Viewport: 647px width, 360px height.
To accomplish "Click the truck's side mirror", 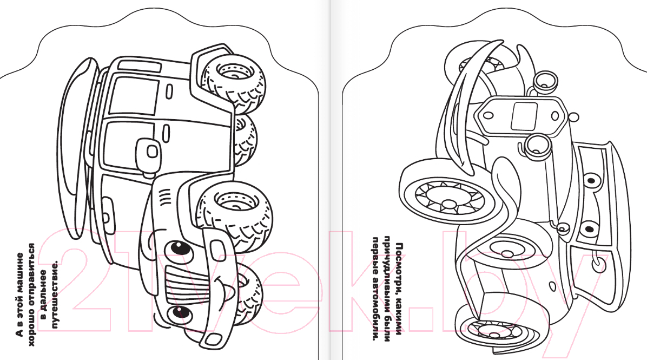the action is coord(147,151).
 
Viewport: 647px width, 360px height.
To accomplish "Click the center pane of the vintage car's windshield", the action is coord(524,116).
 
